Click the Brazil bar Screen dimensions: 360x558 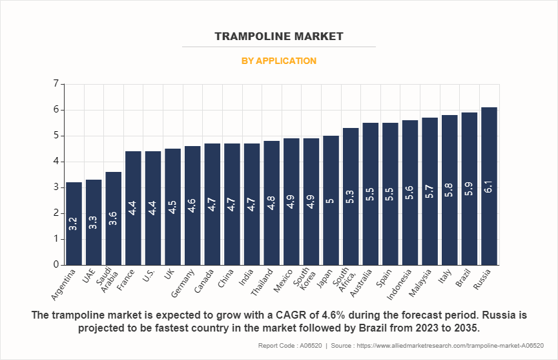pos(470,188)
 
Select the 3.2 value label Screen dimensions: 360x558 pos(74,223)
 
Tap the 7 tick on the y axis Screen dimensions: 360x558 pos(56,84)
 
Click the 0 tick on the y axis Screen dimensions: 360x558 pos(56,264)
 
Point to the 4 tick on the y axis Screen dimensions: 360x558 pos(56,162)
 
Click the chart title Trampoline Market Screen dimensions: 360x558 pos(279,36)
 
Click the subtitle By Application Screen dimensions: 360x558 pos(279,61)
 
